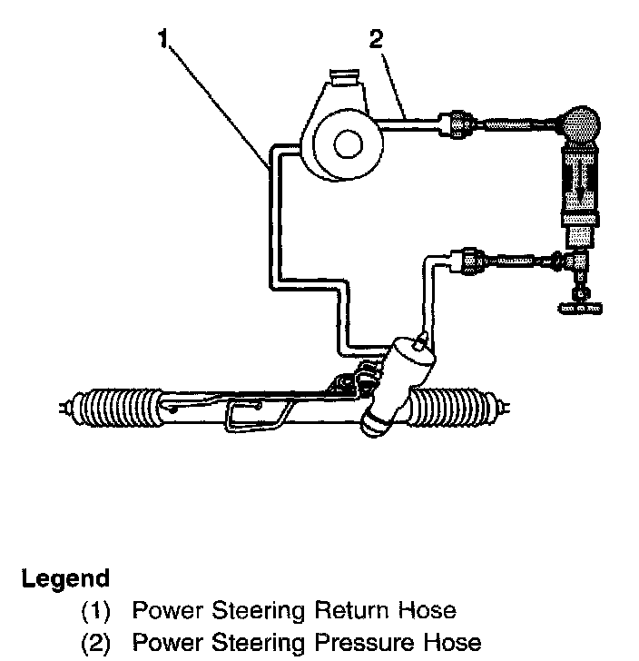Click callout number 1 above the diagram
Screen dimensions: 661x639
[163, 40]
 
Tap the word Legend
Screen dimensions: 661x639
[65, 578]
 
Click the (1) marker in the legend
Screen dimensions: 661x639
[97, 611]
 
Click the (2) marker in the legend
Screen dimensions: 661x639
[97, 644]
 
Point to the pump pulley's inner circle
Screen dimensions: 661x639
[345, 143]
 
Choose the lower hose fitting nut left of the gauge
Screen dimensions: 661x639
[470, 261]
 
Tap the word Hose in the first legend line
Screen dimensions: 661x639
[430, 610]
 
